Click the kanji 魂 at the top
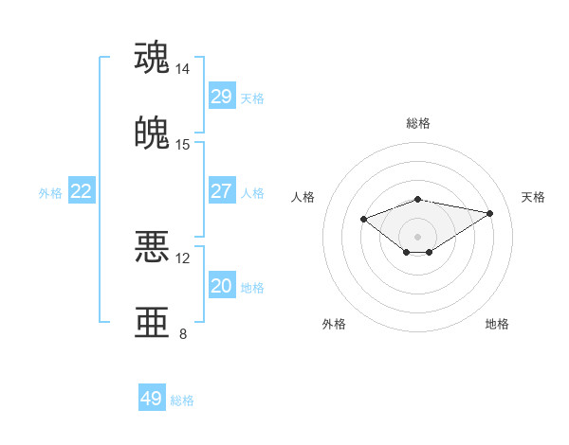153,57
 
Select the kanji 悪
153,246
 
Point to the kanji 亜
153,321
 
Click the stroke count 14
183,69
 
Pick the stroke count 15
183,144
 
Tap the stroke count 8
183,333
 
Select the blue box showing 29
221,97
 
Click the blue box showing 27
221,191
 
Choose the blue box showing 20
221,286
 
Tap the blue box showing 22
82,191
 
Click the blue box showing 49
152,399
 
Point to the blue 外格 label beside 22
50,193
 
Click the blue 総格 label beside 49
182,400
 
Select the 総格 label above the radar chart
417,123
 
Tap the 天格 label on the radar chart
533,197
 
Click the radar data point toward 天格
490,213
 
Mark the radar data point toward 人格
363,219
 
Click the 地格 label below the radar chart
497,324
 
